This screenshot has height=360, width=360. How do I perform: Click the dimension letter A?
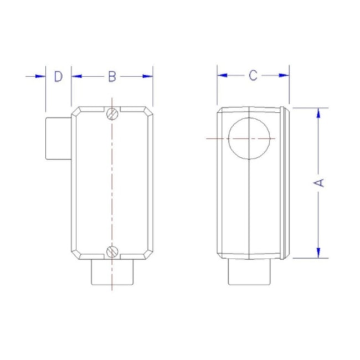click(320, 183)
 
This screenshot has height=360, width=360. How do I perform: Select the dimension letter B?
click(112, 76)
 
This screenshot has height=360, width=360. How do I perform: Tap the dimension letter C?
click(253, 76)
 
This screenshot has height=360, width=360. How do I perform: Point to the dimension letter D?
click(58, 76)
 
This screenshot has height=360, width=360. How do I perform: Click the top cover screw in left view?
click(112, 114)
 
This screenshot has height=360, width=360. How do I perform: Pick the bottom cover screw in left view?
click(112, 252)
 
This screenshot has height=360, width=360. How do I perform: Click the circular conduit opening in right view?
click(250, 137)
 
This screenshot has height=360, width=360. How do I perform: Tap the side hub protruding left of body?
click(58, 137)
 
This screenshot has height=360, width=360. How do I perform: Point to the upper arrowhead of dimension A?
click(319, 112)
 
